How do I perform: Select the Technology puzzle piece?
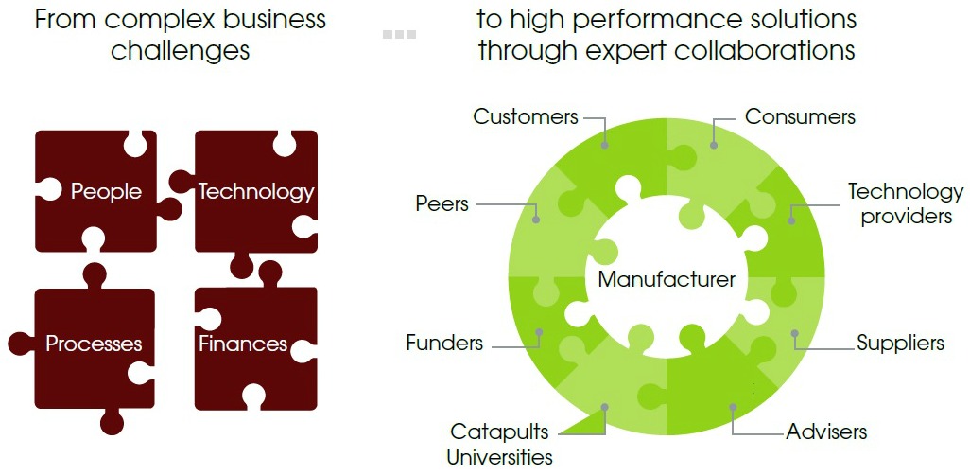click(255, 191)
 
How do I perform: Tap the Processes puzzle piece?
click(94, 344)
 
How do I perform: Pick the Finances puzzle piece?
click(243, 344)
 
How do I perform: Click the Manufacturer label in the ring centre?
click(667, 279)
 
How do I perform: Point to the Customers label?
click(526, 117)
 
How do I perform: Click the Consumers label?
click(800, 117)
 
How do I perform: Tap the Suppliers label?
click(900, 343)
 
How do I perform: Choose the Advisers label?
click(826, 432)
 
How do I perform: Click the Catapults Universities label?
click(499, 445)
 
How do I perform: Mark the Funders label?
click(444, 343)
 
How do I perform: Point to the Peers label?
click(442, 203)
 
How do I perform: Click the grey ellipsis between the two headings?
click(399, 34)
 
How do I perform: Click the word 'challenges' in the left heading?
click(180, 49)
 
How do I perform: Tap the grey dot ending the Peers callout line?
click(536, 220)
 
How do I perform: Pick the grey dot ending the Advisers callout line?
click(733, 407)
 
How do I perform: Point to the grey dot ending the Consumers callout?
click(714, 146)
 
